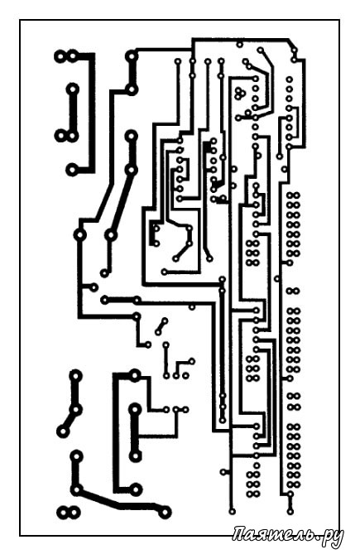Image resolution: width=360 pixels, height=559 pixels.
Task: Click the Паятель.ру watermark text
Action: coord(288,536)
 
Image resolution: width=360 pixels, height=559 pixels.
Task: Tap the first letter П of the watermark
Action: coord(240,533)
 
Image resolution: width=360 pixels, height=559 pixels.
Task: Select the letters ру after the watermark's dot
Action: coord(331,537)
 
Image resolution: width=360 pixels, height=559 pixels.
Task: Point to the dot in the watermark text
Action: coord(314,538)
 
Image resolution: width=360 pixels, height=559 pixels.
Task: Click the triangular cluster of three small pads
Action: coord(239,94)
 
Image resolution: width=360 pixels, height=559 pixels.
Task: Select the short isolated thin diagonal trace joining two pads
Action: coord(161,326)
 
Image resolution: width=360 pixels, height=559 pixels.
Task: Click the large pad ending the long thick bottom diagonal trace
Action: coord(165,512)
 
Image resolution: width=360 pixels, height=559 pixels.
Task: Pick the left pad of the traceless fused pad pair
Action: coord(63,513)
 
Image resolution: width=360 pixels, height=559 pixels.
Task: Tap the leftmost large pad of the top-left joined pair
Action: coord(60,56)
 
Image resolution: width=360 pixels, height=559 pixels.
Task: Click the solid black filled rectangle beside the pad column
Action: coord(206,147)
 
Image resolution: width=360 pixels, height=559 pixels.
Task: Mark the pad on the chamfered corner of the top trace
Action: coord(293,50)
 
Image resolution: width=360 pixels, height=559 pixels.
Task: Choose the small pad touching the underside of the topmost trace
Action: coord(240,44)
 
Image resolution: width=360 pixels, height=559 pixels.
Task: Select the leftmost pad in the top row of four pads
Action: coord(178,61)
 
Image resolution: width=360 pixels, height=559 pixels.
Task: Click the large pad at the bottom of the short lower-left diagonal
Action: coord(63,431)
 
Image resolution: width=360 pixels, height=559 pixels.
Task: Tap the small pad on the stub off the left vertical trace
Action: coord(94,287)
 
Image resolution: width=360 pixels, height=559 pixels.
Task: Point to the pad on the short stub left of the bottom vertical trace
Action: coord(223,472)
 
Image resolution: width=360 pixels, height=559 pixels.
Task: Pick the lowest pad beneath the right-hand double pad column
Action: coord(290,511)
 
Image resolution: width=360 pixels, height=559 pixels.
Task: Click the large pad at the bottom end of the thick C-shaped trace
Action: coord(136,489)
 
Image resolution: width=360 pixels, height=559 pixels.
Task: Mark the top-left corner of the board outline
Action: coord(20,20)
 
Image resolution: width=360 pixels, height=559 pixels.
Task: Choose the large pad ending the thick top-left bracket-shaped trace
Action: coord(72,170)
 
